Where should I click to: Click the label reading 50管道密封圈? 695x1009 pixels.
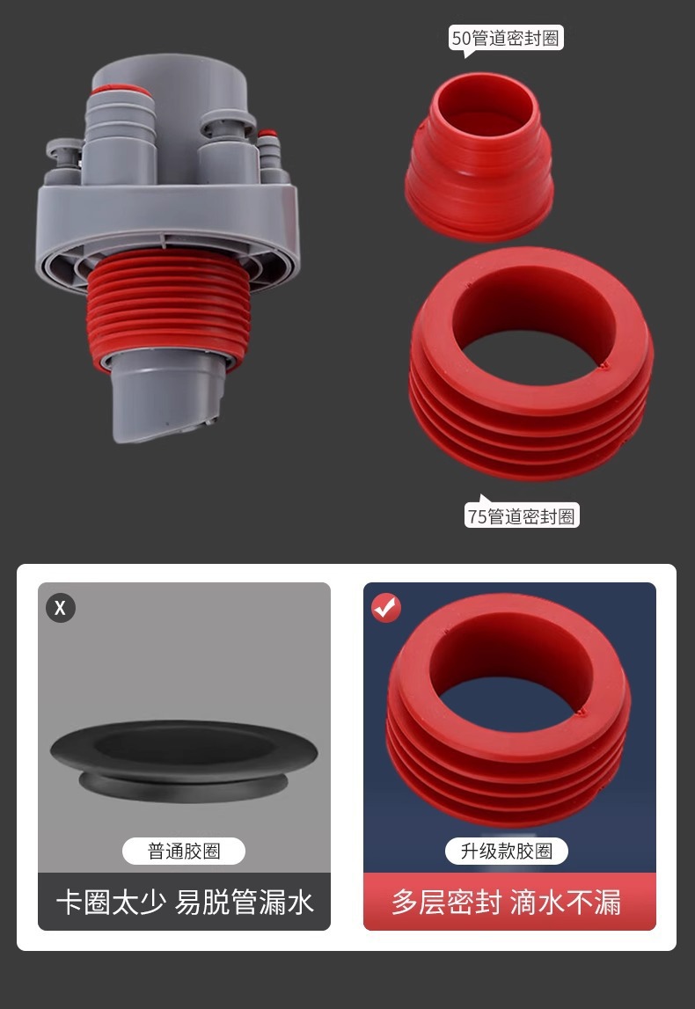[506, 38]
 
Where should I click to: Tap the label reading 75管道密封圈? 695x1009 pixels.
[522, 516]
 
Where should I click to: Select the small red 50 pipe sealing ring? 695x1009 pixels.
[479, 157]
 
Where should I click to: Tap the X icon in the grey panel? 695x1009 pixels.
[61, 608]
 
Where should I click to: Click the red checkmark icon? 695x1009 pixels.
[386, 608]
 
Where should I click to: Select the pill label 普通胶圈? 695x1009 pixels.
[184, 852]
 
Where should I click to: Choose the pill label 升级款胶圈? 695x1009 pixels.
[507, 852]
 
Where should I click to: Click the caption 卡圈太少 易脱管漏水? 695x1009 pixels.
[185, 903]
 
